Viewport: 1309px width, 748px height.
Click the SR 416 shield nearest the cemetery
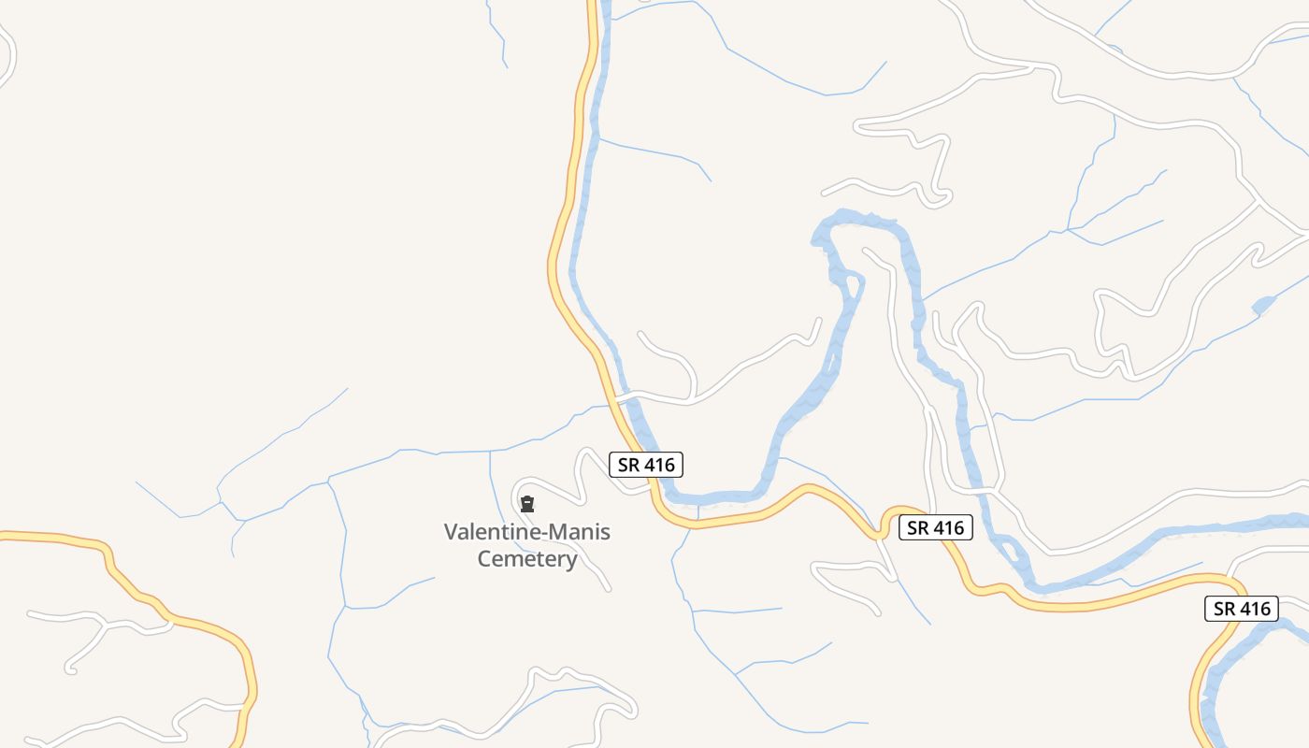click(646, 464)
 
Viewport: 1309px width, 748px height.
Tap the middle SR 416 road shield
click(936, 527)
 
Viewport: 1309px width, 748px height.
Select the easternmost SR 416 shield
click(1241, 609)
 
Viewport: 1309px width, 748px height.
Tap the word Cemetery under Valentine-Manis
click(527, 559)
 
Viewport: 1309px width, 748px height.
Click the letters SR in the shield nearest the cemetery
click(627, 464)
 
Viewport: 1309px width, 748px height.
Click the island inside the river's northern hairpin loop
click(852, 281)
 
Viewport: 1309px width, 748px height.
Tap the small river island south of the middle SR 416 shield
click(1007, 546)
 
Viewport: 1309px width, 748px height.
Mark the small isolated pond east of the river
click(1263, 305)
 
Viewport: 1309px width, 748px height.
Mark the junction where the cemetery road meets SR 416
click(651, 488)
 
